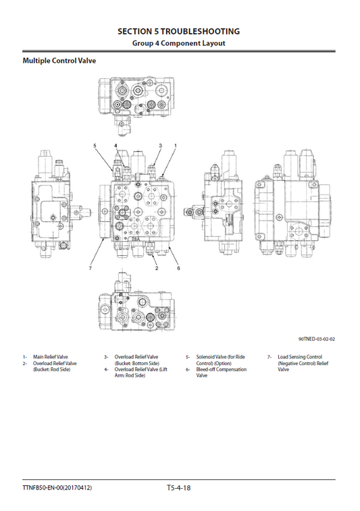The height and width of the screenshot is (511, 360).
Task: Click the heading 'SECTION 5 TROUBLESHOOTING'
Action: tap(178, 31)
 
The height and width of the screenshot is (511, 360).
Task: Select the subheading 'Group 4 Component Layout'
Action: tap(178, 43)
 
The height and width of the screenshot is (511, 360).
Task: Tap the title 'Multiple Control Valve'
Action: tap(59, 61)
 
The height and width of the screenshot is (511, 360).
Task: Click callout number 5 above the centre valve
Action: tap(95, 146)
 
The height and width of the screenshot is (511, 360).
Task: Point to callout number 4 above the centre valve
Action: tap(115, 146)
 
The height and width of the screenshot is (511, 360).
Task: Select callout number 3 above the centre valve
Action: tap(160, 146)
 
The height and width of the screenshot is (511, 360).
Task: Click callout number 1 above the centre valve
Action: tap(176, 146)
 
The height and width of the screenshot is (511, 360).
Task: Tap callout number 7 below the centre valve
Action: tap(90, 269)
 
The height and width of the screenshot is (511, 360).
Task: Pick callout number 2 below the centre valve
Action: tap(157, 269)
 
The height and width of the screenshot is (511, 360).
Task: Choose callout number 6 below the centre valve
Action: tap(178, 269)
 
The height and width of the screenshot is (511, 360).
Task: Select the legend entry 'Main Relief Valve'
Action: tap(51, 356)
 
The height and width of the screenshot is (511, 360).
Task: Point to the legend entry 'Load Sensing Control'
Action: tap(299, 356)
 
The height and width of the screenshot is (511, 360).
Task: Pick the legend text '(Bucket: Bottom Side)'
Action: tap(136, 363)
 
